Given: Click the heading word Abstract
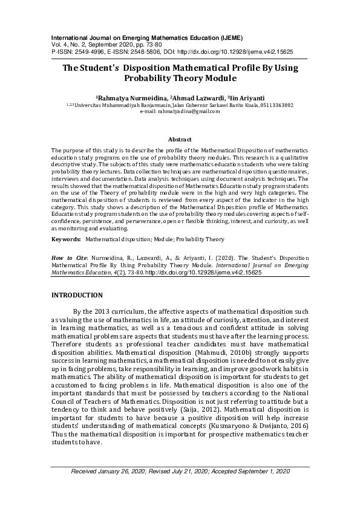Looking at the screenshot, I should [180, 139].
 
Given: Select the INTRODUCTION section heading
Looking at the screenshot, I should [77, 295].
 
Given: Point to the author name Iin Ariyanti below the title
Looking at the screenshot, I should [246, 97].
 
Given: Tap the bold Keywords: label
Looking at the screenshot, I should [66, 239].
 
